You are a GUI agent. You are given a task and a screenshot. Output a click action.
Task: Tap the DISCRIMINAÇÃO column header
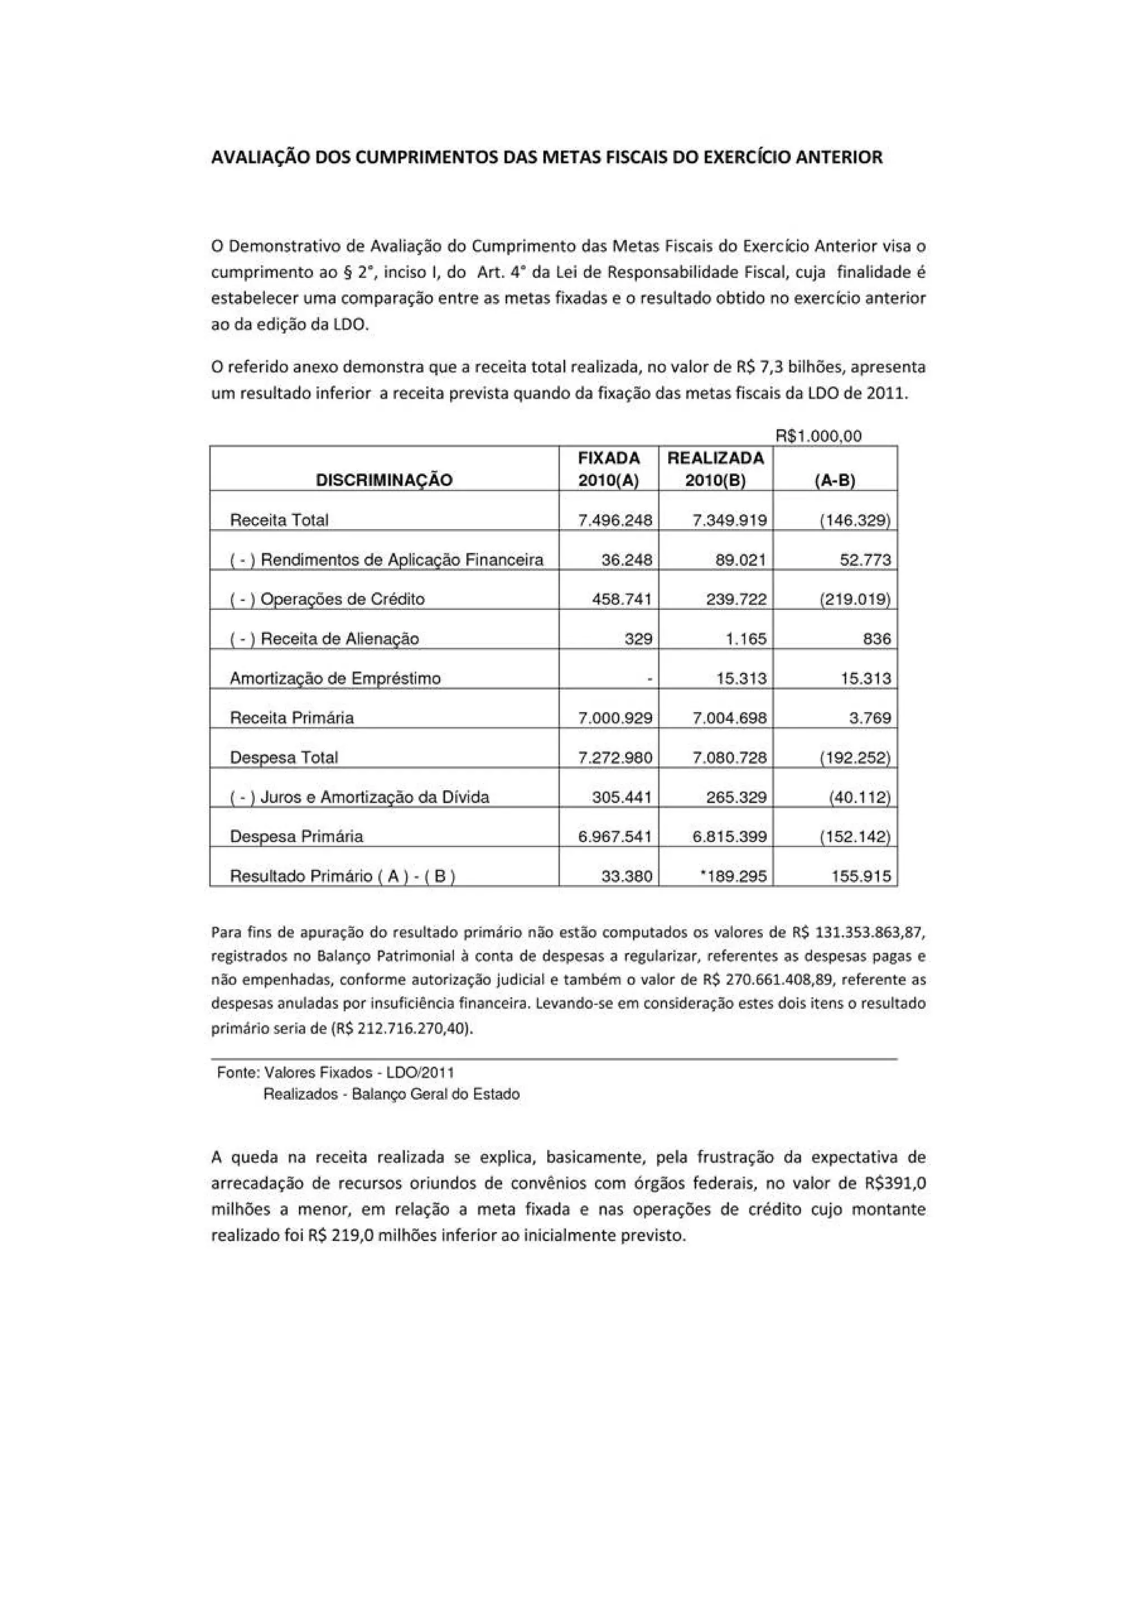click(384, 480)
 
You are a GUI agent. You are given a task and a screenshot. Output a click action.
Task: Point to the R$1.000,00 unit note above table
click(818, 436)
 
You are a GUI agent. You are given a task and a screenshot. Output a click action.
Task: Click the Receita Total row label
click(279, 520)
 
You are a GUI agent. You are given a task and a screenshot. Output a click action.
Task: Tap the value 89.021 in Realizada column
click(740, 561)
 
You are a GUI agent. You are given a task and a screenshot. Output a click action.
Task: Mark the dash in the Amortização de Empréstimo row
click(649, 679)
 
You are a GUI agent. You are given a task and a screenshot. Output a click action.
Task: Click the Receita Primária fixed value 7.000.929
click(615, 718)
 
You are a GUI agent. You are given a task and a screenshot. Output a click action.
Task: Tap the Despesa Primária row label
click(296, 837)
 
